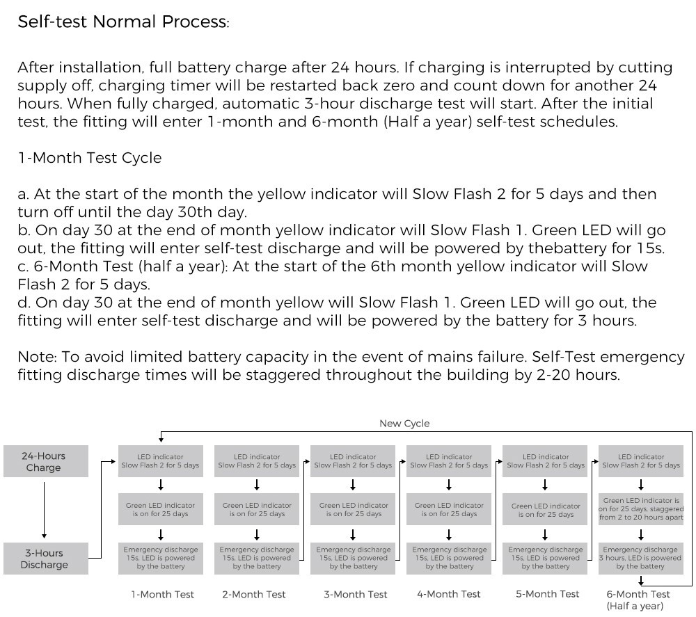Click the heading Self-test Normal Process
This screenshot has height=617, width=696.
(123, 22)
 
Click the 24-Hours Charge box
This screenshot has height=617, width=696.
(44, 462)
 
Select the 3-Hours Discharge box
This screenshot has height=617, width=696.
(44, 559)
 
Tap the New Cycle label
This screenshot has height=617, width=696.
(404, 423)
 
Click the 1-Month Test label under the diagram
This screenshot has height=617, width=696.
(162, 594)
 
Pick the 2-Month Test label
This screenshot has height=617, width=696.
(254, 594)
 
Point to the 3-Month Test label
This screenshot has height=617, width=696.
(355, 594)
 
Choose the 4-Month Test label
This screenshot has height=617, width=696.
(449, 594)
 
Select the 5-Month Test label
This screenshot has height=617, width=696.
(547, 594)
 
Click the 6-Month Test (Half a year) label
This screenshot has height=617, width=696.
(639, 600)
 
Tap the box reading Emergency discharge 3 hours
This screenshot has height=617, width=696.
(640, 558)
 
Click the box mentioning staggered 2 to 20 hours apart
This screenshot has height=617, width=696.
(640, 508)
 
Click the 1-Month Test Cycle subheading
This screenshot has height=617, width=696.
(89, 158)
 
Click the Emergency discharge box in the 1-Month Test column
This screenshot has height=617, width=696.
(161, 558)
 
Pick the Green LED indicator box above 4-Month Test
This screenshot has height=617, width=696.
(449, 510)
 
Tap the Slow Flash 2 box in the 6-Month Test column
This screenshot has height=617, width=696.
(640, 461)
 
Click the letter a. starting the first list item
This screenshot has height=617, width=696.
(24, 194)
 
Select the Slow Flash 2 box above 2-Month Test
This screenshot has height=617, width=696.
(257, 461)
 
